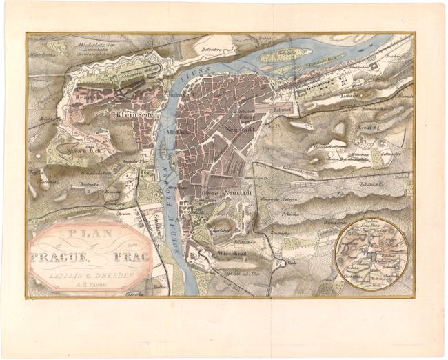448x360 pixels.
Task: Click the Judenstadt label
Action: pyautogui.click(x=175, y=95)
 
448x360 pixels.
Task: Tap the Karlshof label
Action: pyautogui.click(x=219, y=229)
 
